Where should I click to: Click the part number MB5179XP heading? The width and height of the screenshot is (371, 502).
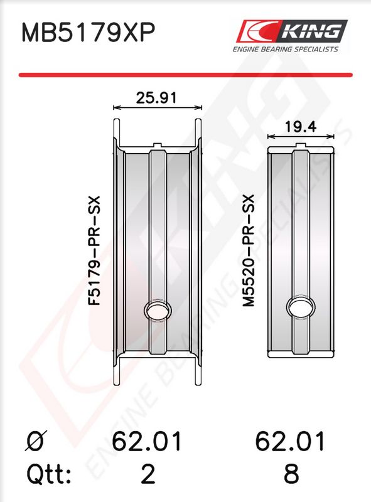pos(88,33)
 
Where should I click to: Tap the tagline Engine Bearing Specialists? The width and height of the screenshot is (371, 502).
pos(285,50)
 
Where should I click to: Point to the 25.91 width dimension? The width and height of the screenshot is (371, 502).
pos(156,98)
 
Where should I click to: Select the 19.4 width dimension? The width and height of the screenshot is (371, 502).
pos(301,127)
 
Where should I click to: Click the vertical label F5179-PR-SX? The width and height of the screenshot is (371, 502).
pos(95,250)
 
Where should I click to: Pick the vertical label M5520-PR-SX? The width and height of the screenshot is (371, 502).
pos(249,250)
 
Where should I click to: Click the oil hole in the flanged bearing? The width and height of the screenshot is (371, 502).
pos(158,309)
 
